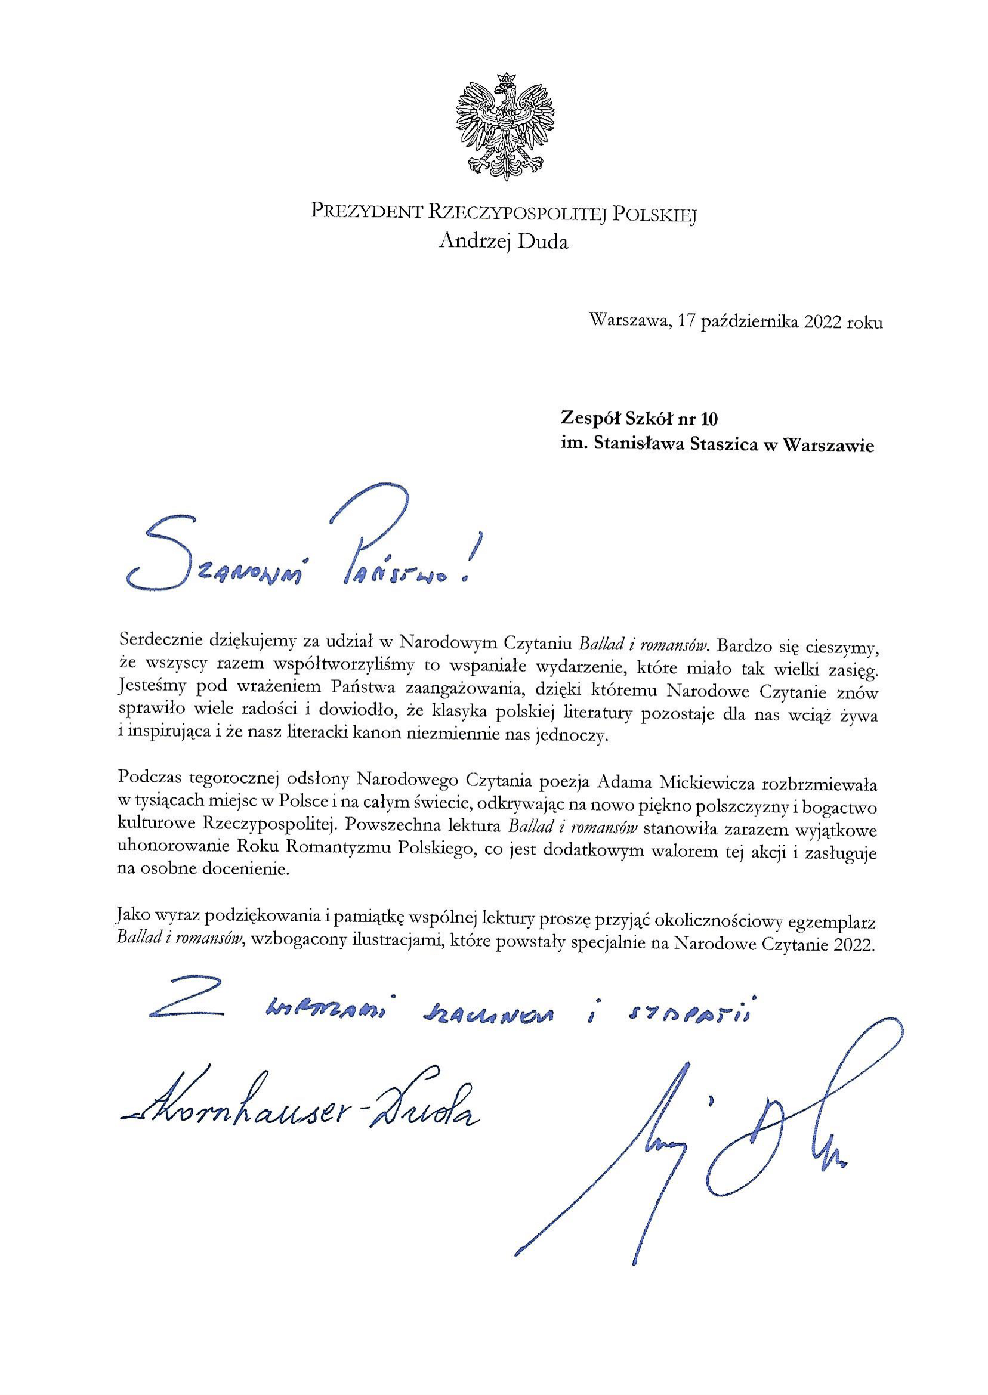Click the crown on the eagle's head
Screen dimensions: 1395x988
click(x=504, y=80)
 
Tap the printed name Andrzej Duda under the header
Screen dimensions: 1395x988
click(x=503, y=242)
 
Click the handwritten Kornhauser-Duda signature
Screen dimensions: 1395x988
click(x=298, y=1106)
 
